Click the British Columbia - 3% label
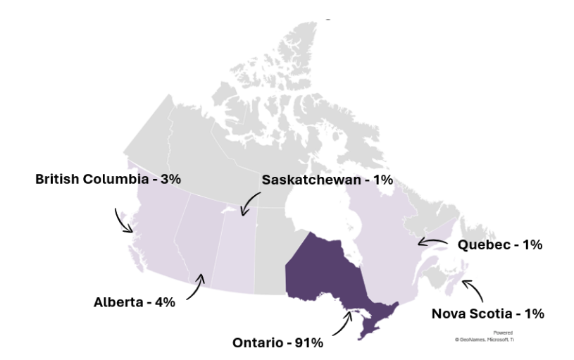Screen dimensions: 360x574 [108, 179]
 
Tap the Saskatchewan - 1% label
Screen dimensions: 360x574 [327, 180]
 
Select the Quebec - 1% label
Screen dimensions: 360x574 [499, 245]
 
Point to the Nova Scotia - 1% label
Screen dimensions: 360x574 [487, 314]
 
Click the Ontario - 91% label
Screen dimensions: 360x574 [277, 343]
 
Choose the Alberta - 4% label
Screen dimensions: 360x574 [134, 302]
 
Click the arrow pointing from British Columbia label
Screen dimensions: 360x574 [123, 221]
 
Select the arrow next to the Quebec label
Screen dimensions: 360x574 [432, 242]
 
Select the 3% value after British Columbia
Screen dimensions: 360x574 [170, 179]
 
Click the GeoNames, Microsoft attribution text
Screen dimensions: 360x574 [485, 340]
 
